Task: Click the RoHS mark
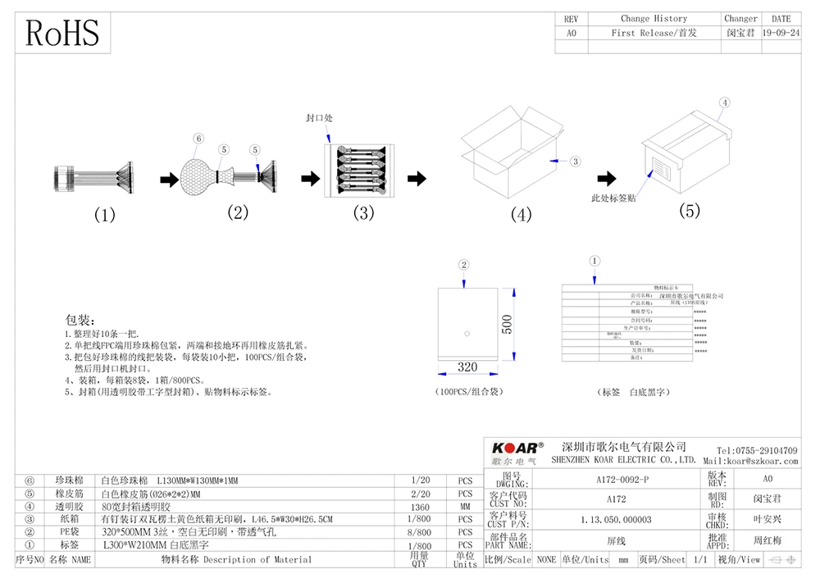pos(63,33)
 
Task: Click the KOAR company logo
pos(517,448)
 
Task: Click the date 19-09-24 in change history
pos(781,34)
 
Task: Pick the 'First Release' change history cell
pos(654,34)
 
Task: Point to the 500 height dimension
pos(507,324)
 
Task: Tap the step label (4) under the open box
pos(522,216)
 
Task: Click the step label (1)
pos(104,216)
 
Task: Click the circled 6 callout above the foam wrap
pos(198,139)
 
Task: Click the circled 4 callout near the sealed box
pos(724,103)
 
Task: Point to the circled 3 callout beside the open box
pos(575,162)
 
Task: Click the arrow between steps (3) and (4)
pos(417,178)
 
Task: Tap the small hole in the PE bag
pos(466,333)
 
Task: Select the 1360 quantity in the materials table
pos(419,507)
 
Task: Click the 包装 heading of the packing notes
pos(81,319)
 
